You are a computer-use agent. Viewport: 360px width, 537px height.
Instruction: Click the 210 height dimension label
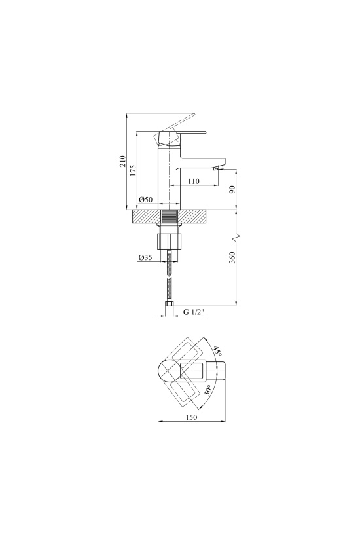(x=122, y=161)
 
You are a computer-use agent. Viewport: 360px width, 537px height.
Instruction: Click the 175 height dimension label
(x=133, y=170)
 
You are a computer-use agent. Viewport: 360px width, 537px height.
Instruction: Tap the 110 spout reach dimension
(x=194, y=181)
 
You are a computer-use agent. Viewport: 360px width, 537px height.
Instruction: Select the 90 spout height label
(x=232, y=189)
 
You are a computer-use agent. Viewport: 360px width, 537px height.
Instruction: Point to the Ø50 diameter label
(x=146, y=200)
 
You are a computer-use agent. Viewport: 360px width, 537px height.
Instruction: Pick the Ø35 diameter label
(x=145, y=258)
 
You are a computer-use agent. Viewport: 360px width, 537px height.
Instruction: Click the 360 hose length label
(x=232, y=257)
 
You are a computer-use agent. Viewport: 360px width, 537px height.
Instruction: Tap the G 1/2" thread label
(x=194, y=312)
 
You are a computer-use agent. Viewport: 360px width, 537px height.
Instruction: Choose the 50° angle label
(x=209, y=390)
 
